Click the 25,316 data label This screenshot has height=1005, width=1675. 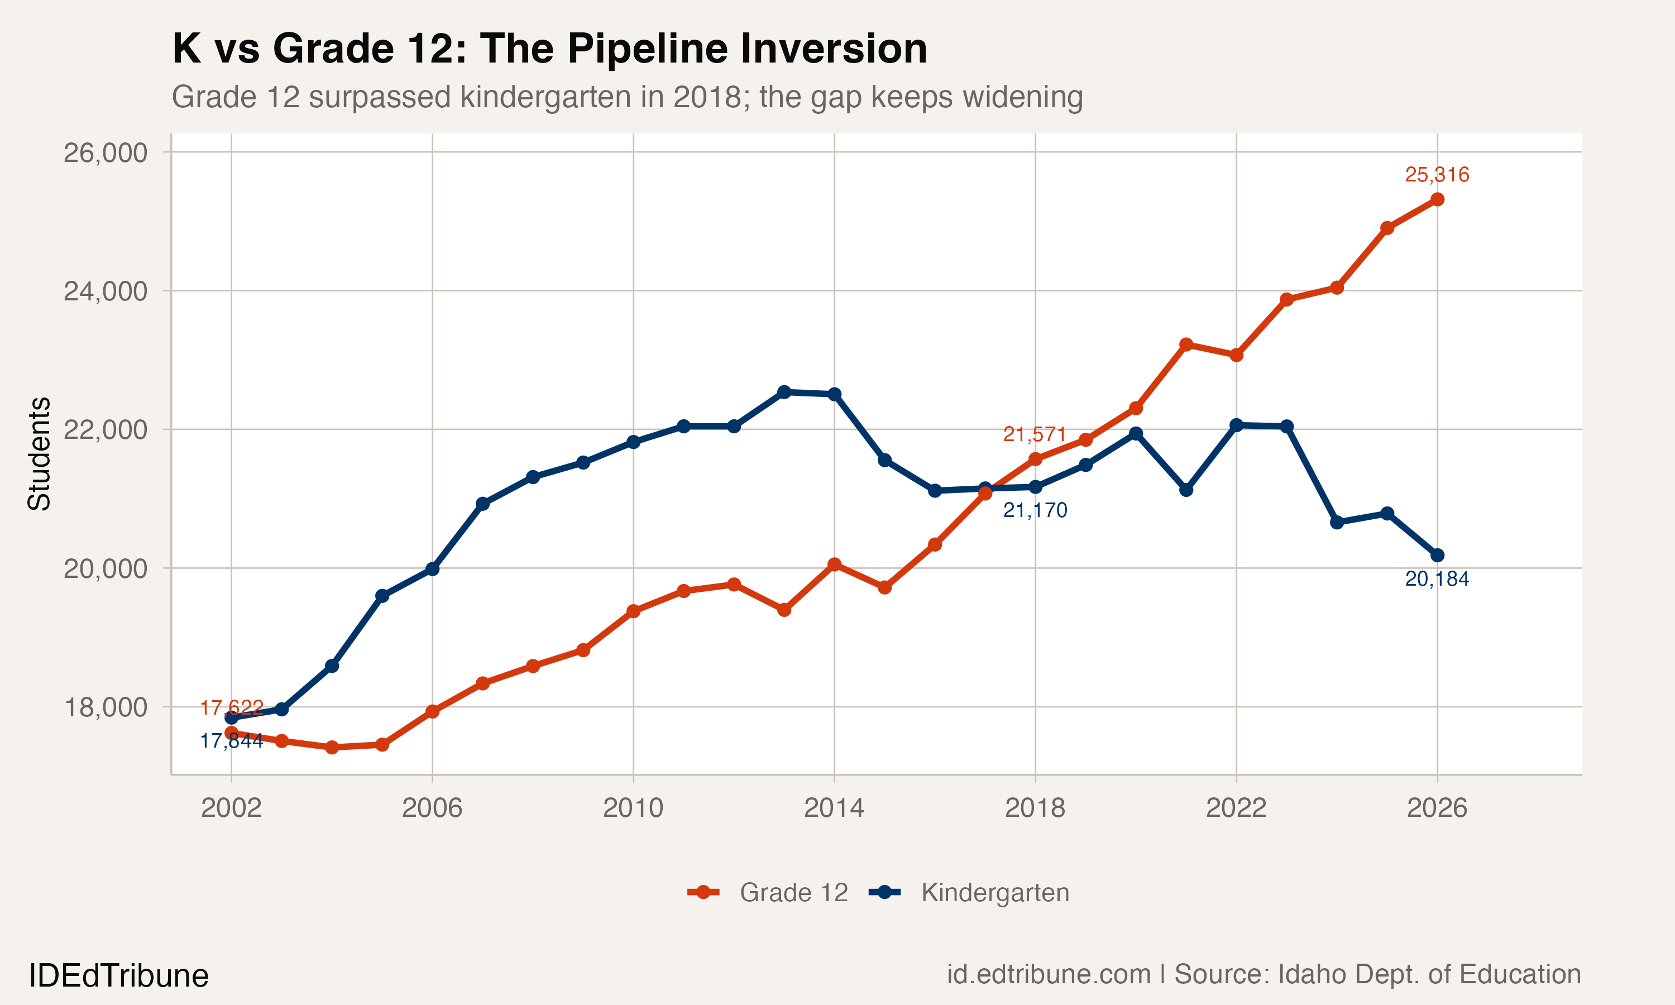[1437, 175]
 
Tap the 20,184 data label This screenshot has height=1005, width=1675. [1437, 579]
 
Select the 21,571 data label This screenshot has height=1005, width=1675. [1035, 434]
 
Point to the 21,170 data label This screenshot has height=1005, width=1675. [1035, 510]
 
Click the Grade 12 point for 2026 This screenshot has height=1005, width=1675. [1437, 199]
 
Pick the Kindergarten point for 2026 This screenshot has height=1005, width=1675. [1437, 556]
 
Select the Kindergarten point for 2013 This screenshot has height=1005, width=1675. [784, 392]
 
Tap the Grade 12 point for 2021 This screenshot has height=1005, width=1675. [1186, 344]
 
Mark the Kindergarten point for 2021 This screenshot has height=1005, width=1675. [1186, 490]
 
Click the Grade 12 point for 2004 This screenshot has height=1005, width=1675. [332, 747]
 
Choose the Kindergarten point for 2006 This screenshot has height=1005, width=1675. [433, 569]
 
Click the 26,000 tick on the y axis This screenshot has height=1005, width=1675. [105, 153]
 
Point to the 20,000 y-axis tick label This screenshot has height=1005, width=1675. [105, 569]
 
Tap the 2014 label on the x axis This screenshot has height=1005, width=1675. [834, 808]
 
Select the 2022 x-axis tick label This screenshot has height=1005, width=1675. [1236, 808]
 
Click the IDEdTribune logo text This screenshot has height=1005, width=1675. [118, 976]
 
